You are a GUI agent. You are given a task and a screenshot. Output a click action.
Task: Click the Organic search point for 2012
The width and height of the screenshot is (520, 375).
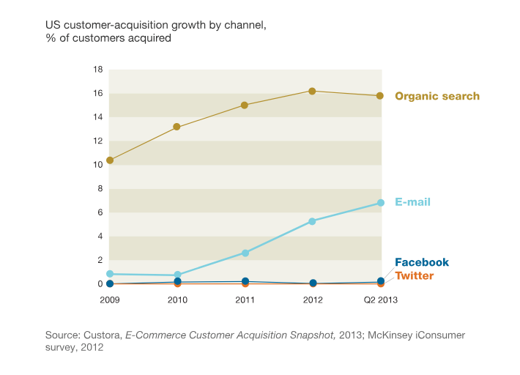pyautogui.click(x=313, y=91)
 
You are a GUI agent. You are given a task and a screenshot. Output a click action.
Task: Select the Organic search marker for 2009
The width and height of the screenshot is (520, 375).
pyautogui.click(x=110, y=160)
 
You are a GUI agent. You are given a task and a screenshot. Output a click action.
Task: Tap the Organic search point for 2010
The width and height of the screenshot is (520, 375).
pyautogui.click(x=177, y=127)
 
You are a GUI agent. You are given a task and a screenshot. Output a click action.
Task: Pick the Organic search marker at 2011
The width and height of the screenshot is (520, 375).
pyautogui.click(x=245, y=105)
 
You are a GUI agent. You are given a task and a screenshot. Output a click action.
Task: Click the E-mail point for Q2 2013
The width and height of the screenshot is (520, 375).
pyautogui.click(x=381, y=203)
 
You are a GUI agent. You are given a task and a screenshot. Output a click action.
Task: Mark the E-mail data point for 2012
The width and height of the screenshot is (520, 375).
pyautogui.click(x=313, y=221)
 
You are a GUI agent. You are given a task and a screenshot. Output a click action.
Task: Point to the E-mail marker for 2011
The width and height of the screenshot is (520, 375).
pyautogui.click(x=245, y=253)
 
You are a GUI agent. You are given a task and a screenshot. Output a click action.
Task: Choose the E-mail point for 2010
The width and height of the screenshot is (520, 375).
pyautogui.click(x=177, y=275)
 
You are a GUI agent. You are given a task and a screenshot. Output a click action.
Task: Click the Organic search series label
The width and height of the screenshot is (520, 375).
pyautogui.click(x=437, y=96)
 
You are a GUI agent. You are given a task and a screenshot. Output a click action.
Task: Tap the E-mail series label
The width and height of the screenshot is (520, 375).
pyautogui.click(x=412, y=202)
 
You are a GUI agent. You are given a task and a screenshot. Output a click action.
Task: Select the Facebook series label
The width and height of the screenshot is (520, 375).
pyautogui.click(x=422, y=262)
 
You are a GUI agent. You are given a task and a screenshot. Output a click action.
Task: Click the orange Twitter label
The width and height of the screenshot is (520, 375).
pyautogui.click(x=415, y=275)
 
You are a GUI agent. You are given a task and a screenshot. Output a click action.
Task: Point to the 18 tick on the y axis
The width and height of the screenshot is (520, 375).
pyautogui.click(x=98, y=70)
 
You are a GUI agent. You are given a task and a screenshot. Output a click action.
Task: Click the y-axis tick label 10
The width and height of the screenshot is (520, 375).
pyautogui.click(x=98, y=165)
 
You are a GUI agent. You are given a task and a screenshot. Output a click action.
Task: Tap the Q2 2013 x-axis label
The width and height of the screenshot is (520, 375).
pyautogui.click(x=381, y=300)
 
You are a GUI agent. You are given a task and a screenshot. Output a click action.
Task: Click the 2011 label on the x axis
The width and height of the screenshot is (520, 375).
pyautogui.click(x=245, y=300)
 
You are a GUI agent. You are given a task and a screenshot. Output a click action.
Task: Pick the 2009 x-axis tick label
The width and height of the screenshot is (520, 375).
pyautogui.click(x=110, y=300)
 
